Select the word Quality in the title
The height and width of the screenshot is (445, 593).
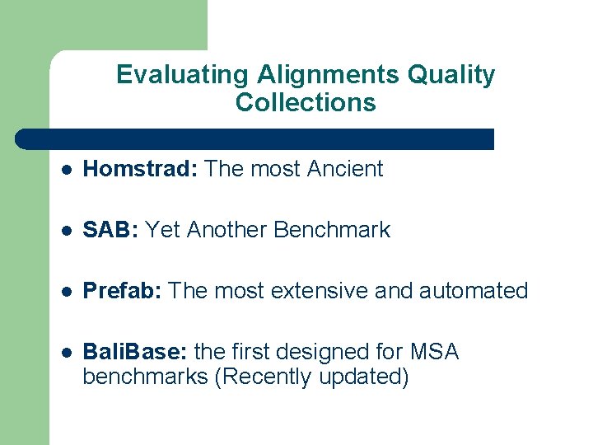(x=451, y=75)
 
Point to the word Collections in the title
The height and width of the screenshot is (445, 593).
(x=306, y=103)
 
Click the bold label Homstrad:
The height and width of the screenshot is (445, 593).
(x=141, y=169)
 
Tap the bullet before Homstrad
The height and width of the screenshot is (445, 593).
(x=67, y=170)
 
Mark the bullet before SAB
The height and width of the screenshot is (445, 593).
(x=67, y=231)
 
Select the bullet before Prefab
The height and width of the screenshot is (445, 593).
(x=67, y=292)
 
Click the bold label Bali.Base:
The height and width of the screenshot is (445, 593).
(x=135, y=352)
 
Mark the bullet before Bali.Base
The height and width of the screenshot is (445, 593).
(x=67, y=353)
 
